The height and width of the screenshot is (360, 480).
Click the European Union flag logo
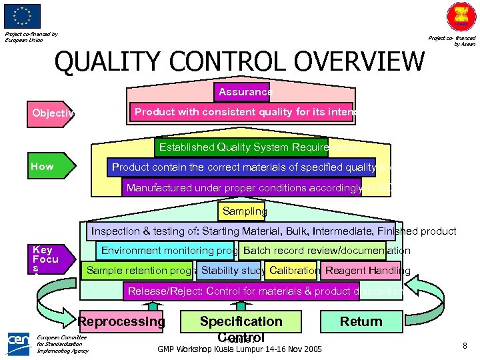click(22, 16)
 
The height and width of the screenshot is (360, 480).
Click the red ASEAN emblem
click(460, 17)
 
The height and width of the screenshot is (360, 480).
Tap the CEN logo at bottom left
click(19, 342)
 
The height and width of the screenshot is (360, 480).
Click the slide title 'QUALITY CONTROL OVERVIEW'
click(239, 62)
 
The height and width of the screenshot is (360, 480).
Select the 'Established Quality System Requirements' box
click(257, 147)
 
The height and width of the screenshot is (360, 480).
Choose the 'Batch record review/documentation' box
click(313, 251)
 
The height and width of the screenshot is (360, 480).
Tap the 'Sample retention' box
click(138, 271)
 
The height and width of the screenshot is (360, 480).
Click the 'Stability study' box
click(231, 271)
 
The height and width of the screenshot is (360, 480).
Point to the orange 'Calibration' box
click(293, 271)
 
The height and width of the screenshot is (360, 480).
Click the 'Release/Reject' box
click(264, 291)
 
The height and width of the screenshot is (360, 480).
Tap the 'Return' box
click(361, 321)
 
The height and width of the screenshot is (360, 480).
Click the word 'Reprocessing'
click(121, 321)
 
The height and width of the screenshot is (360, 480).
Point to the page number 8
click(464, 345)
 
